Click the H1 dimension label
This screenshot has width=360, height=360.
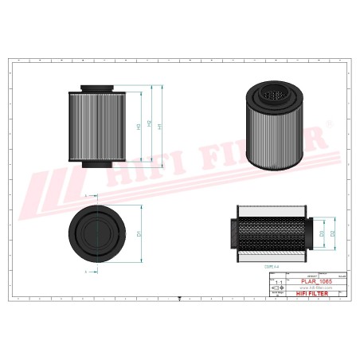tap(159, 127)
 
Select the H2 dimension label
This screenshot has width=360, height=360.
tap(149, 127)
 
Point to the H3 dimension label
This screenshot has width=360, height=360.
tap(139, 127)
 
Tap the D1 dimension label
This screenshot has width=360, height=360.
tap(139, 233)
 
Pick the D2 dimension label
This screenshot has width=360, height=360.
tap(333, 233)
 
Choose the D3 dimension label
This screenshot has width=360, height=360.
tap(322, 233)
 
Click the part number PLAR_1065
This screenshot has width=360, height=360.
tap(311, 282)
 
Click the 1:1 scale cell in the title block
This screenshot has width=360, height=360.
tap(277, 283)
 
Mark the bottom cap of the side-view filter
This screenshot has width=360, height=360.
tap(99, 165)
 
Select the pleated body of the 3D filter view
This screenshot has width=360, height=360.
tap(273, 135)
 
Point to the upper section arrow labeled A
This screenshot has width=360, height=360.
tap(87, 195)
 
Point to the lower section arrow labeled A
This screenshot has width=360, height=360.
tap(87, 272)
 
